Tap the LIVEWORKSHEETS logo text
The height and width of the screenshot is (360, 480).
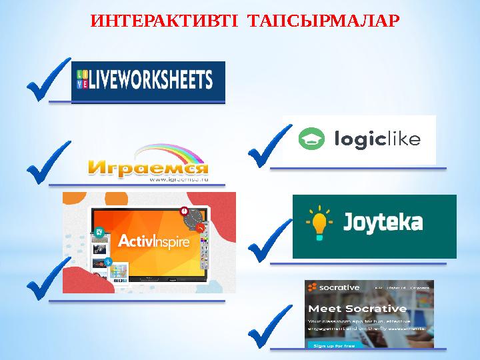(151, 80)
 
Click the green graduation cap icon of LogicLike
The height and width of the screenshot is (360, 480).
(311, 140)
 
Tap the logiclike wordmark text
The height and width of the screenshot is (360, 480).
(377, 140)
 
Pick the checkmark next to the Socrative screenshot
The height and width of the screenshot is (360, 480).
(269, 327)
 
